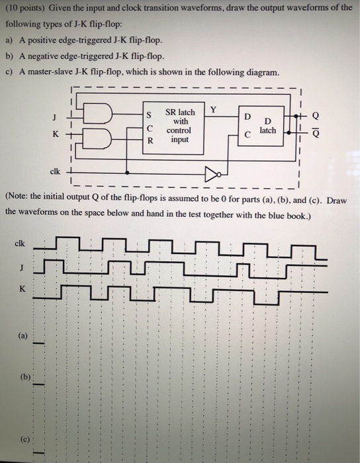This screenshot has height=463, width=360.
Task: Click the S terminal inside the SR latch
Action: coord(151,116)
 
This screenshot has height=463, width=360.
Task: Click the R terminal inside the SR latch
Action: coord(150,140)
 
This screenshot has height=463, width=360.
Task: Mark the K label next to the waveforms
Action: coord(22,288)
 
